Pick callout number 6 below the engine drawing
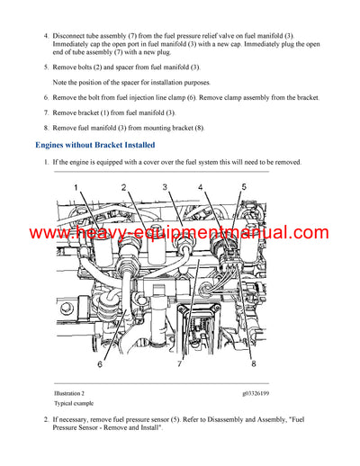coord(100,363)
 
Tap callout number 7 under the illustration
coord(180,363)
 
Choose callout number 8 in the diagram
coord(254,363)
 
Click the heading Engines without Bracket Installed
coord(94,144)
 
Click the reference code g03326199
coord(260,394)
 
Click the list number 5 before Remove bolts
coord(45,67)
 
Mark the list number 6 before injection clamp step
coord(45,97)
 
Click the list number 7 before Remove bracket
coord(45,112)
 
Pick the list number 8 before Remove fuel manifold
coord(45,127)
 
